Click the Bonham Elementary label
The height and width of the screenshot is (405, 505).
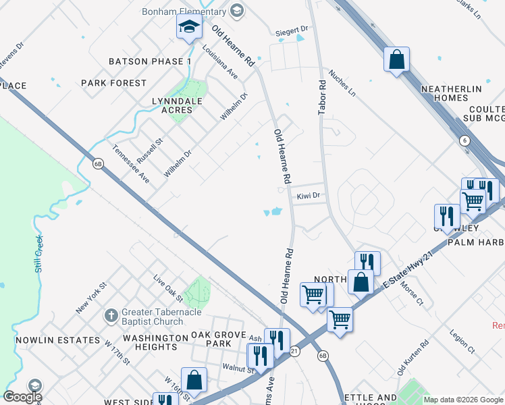coord(184,11)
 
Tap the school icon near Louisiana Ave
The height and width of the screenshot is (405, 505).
coord(190,28)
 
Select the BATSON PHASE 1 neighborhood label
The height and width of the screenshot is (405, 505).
coord(151,61)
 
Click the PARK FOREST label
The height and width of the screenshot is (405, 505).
coord(113,83)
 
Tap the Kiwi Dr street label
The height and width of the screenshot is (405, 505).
coord(308,196)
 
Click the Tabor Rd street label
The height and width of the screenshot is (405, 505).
coord(322,98)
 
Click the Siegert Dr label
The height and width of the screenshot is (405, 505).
coord(292,30)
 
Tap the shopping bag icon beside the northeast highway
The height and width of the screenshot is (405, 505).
coord(396,59)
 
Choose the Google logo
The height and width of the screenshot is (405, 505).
coord(22,397)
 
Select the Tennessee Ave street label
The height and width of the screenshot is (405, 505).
coord(131,164)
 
